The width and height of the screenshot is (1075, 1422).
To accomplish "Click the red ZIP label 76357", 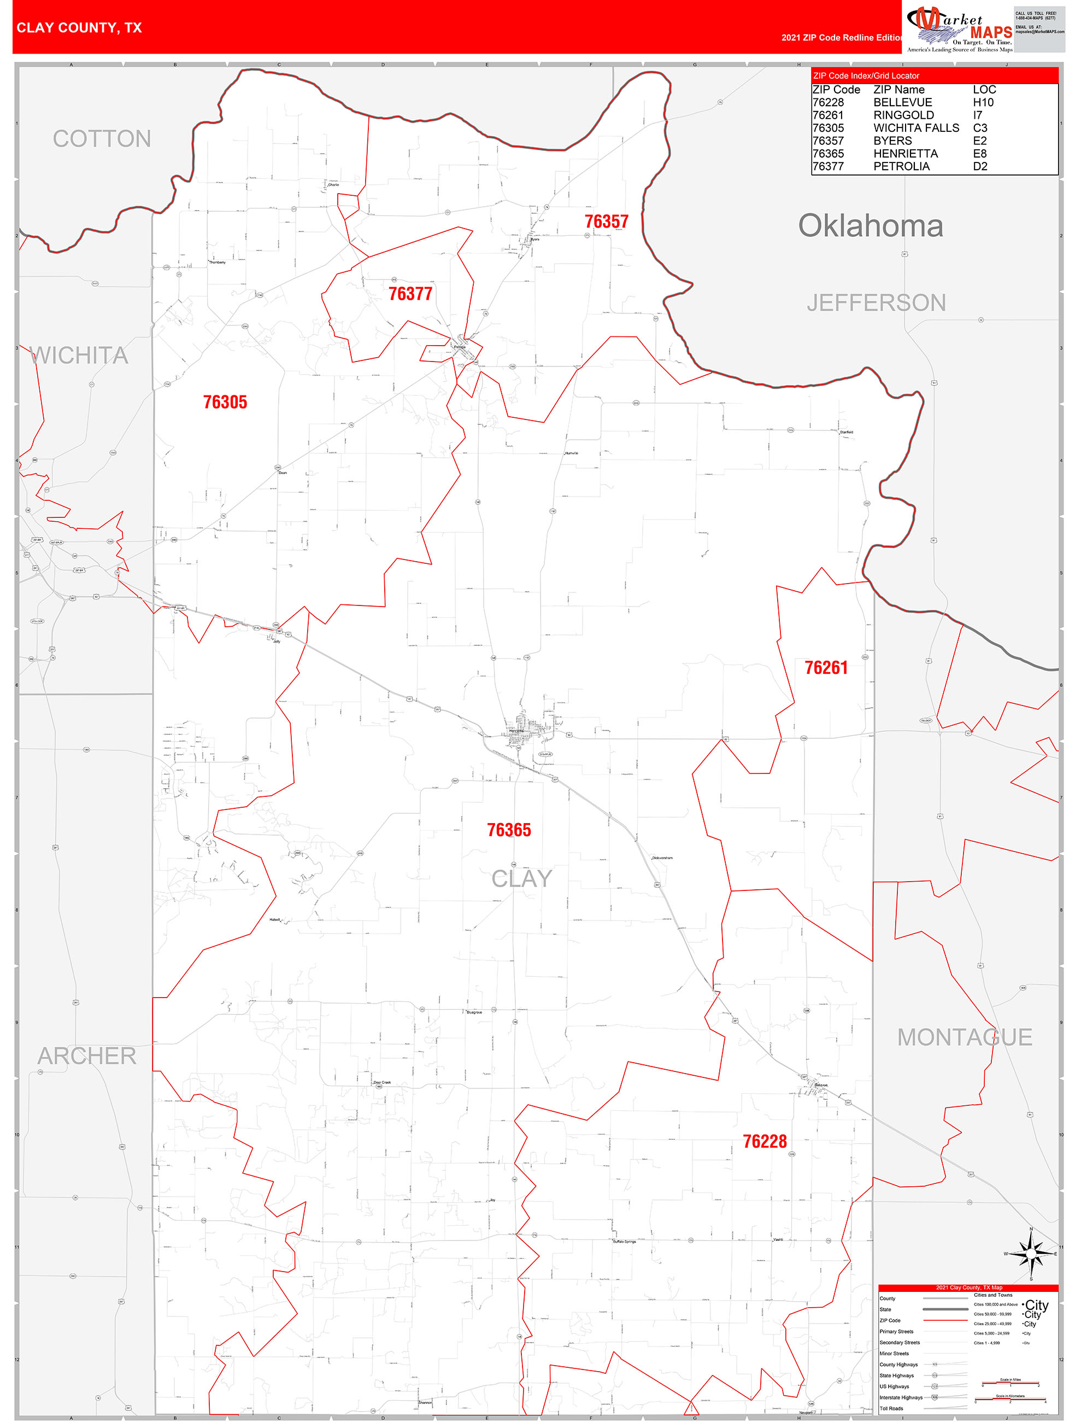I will tap(606, 222).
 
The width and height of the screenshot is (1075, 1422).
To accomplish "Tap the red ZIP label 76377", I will tap(410, 294).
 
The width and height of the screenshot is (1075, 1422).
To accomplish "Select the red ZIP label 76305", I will tap(225, 403).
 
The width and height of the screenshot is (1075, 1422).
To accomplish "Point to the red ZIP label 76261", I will tap(826, 668).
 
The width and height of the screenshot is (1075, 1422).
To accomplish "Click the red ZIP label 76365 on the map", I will tap(509, 830).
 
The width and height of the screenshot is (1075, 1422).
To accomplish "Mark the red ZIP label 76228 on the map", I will tap(765, 1141).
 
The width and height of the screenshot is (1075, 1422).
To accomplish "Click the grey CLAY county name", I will tap(521, 879).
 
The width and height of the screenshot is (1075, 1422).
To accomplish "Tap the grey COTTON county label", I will tap(102, 139).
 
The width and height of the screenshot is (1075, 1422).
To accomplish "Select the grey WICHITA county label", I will tap(79, 355).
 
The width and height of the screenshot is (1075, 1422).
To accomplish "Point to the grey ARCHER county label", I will tap(87, 1056).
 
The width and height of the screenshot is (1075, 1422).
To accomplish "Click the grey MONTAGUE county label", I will tap(964, 1038).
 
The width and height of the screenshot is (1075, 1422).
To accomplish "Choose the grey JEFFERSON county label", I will tap(876, 303).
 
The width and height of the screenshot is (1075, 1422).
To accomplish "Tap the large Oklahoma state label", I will tap(870, 226).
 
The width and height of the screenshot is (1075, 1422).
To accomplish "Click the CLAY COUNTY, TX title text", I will tap(79, 28).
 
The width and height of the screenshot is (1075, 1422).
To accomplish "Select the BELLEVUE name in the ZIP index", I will tap(902, 102).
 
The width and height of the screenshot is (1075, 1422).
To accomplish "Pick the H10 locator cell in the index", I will tap(983, 102).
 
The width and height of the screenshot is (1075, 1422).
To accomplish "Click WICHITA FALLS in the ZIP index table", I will tap(915, 128).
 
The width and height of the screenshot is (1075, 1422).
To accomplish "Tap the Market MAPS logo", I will tap(959, 30).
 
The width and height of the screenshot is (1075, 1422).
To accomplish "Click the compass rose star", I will tap(1031, 1254).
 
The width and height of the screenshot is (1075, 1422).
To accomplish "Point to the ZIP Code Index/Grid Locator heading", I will tap(866, 76).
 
